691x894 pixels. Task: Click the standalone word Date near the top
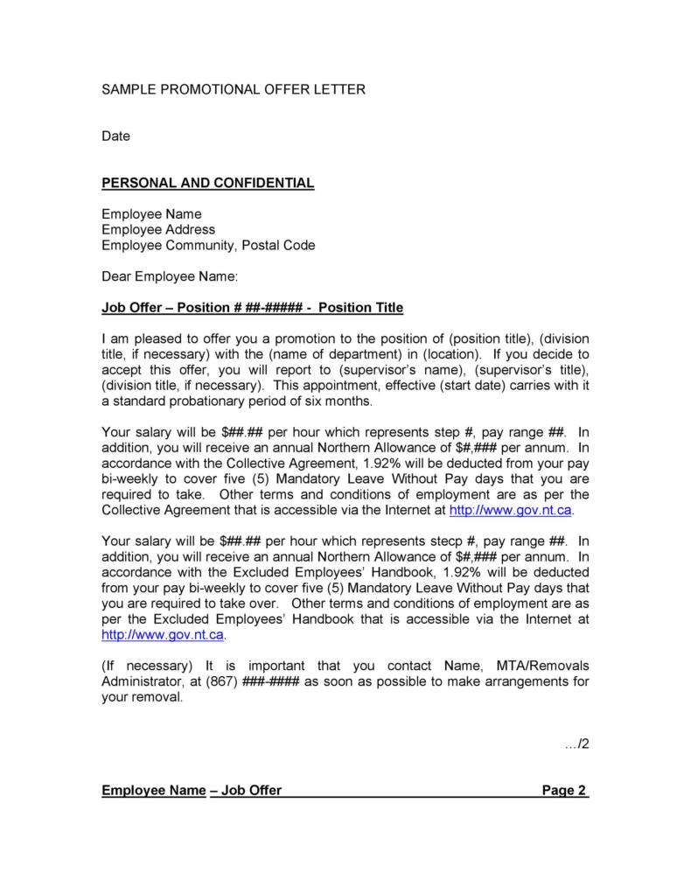[115, 136]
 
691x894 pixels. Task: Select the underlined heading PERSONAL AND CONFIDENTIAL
[207, 183]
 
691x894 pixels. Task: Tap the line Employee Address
[157, 229]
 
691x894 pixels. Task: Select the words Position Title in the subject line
[361, 308]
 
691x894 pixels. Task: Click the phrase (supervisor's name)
[371, 370]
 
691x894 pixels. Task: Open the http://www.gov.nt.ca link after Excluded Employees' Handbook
[163, 634]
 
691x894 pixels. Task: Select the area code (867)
[221, 681]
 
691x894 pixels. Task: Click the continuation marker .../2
[578, 744]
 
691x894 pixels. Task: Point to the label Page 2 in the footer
[564, 791]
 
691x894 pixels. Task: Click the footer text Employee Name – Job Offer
[192, 791]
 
